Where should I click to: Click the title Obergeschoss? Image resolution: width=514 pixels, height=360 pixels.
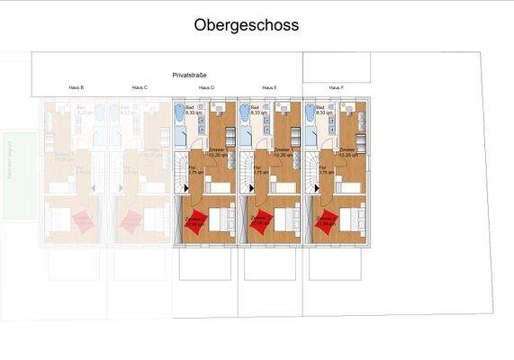point(246,25)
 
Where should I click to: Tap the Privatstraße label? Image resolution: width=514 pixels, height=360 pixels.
point(192,76)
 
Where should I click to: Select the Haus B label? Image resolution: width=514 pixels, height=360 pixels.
point(76,87)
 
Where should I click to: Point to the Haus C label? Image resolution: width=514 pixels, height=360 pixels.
point(140,87)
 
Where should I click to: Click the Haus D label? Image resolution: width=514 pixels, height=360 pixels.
point(205,87)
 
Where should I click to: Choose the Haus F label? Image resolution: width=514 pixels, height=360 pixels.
point(335,87)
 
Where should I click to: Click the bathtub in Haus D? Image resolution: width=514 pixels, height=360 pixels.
point(177,115)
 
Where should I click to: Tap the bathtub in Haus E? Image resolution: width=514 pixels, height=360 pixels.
point(244,115)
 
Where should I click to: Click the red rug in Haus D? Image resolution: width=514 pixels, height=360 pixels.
point(195,221)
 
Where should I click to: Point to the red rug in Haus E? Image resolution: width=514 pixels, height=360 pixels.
point(261,221)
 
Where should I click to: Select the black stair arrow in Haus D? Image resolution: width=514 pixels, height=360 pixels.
point(186,188)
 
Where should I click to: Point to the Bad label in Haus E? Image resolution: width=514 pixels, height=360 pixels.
point(256,108)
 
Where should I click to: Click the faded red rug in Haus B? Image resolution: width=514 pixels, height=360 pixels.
point(83,221)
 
